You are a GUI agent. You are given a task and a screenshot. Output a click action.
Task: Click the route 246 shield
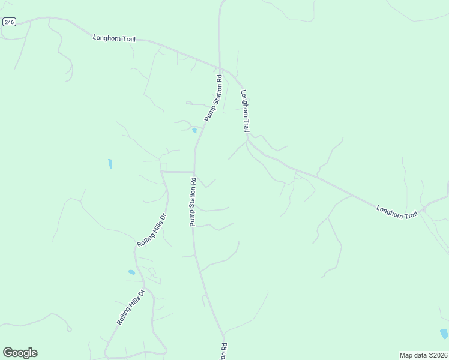pos(8,22)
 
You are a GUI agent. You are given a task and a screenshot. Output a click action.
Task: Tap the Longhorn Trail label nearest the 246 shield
pos(114,38)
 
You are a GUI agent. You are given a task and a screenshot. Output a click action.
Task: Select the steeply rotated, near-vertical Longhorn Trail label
pos(245,111)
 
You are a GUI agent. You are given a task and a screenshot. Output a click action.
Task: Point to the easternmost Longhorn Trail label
pos(396,212)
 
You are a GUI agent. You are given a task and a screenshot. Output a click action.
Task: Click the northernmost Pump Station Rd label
pos(213,98)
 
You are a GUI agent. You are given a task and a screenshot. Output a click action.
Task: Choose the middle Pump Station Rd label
pos(193,202)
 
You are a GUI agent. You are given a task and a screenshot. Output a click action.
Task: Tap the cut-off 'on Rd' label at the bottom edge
pos(223,352)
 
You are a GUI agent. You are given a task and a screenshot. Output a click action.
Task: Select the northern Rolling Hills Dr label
pos(151,230)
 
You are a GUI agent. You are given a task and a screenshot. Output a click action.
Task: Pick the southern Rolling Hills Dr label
pos(131,307)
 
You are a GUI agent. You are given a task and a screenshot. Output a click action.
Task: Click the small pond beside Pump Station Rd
pos(194,130)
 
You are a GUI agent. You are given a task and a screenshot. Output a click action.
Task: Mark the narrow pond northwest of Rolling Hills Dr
pos(110,163)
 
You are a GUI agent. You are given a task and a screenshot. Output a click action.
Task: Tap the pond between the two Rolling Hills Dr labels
pos(131,272)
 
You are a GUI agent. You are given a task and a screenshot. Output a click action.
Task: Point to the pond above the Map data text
pos(444,334)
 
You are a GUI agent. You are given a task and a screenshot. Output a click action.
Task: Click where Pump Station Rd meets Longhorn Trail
pos(220,67)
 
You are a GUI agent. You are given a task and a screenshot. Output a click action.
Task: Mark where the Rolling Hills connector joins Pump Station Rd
pos(194,172)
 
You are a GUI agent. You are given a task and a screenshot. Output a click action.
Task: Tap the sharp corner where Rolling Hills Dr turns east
pos(161,172)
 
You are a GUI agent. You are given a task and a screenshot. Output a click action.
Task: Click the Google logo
pos(20,353)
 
